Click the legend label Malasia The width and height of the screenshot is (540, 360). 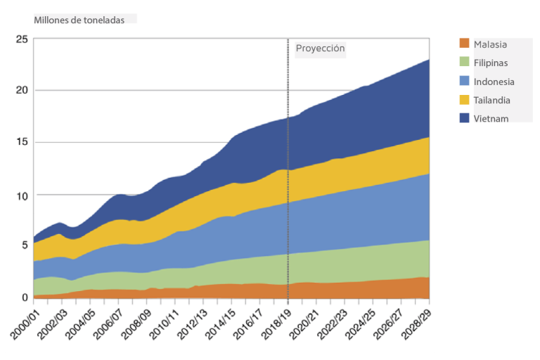(x=490, y=44)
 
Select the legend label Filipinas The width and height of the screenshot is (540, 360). (x=491, y=63)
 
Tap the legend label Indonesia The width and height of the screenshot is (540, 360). (x=494, y=82)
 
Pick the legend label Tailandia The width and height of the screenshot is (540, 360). (x=491, y=100)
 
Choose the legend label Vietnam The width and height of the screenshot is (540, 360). (x=491, y=119)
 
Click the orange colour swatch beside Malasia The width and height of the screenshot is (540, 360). (x=464, y=44)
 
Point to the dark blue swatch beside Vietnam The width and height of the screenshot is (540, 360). (x=464, y=118)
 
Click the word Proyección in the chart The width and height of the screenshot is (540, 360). (x=320, y=49)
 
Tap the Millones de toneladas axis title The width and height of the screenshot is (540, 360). (x=79, y=20)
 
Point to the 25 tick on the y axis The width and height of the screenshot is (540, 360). (x=21, y=39)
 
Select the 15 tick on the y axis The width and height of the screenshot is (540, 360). (x=21, y=143)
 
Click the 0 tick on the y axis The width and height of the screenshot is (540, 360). (x=24, y=298)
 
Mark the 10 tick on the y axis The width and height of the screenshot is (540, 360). (x=21, y=195)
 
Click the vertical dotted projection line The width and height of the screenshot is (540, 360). (x=288, y=176)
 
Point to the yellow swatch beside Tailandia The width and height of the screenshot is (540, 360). (x=464, y=100)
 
